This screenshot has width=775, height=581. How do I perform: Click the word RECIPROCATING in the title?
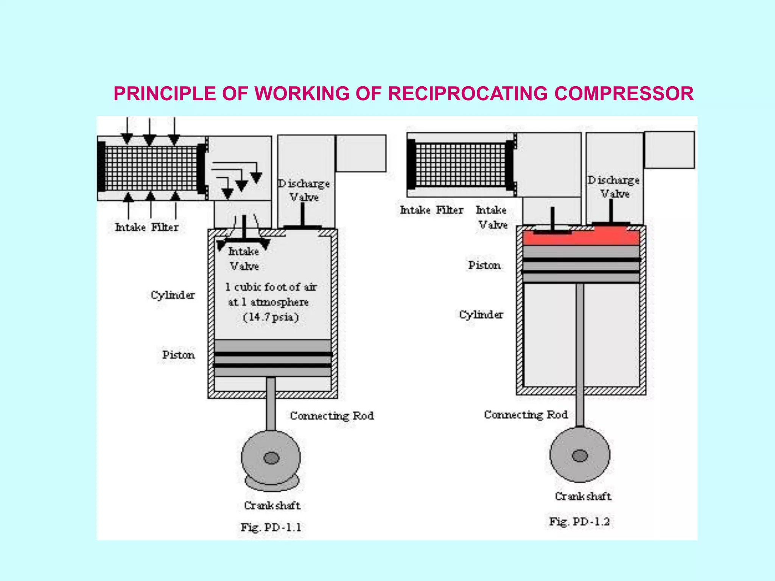pos(468,94)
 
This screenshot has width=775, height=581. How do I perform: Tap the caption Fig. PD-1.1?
pos(271,527)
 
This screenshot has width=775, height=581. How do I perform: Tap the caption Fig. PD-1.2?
pos(579,522)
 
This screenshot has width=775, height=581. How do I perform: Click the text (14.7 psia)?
pos(271,317)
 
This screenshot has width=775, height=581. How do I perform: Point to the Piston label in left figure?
pos(179,355)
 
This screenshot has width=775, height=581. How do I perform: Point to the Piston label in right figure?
pos(484,265)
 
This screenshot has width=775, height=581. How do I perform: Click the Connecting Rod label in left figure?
pos(332,416)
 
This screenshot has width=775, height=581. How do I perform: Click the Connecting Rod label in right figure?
pos(526,415)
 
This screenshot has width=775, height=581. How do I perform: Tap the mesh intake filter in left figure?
pos(151,168)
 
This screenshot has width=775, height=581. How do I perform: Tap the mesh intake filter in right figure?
pos(461,165)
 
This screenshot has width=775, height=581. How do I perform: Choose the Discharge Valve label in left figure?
pos(304,190)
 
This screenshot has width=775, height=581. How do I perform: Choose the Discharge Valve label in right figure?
pos(614,187)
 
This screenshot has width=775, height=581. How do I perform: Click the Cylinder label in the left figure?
pos(173,295)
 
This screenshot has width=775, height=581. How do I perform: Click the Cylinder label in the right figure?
pos(481,315)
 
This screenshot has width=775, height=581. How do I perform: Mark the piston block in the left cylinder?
pos(272,358)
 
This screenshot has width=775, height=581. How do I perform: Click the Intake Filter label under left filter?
pos(147,227)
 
